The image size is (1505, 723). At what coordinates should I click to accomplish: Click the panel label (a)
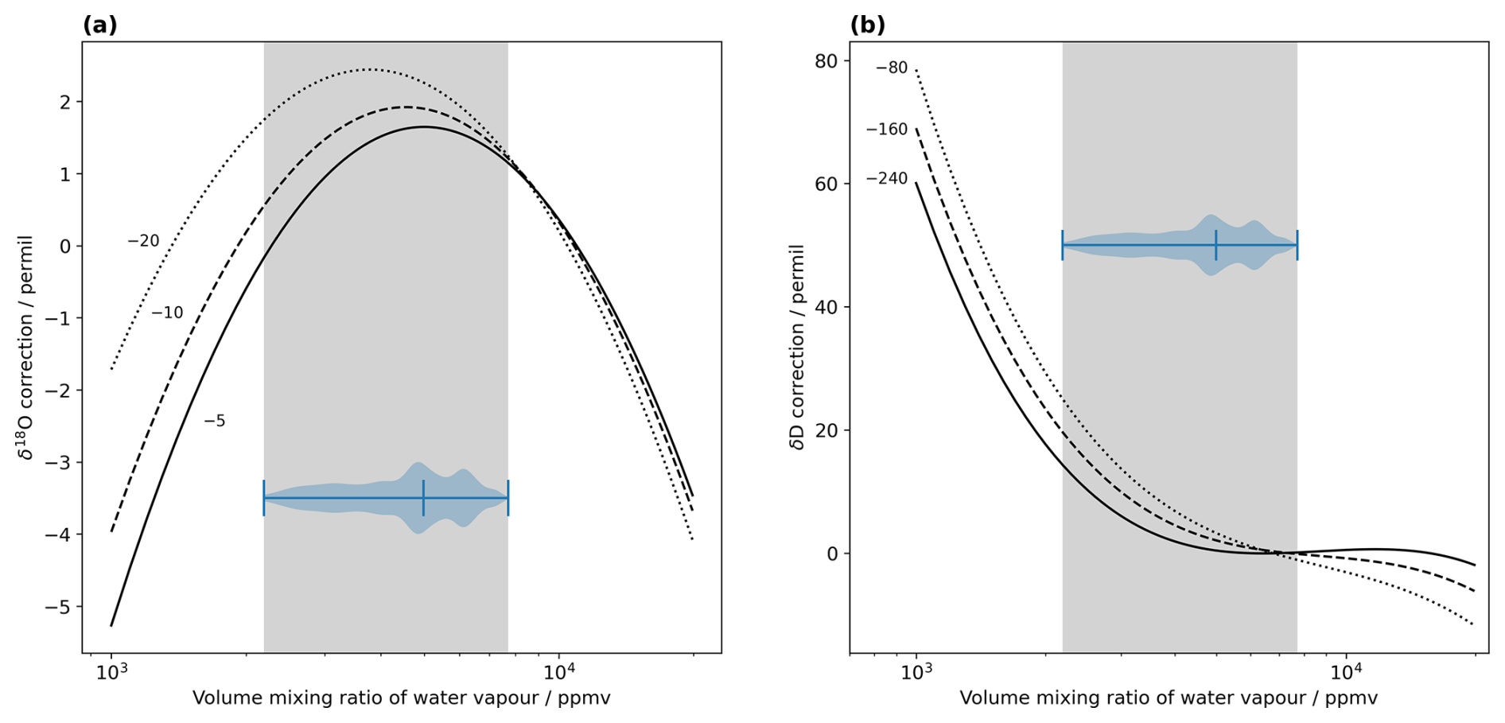coord(99,25)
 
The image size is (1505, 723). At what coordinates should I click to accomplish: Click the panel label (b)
coord(867,25)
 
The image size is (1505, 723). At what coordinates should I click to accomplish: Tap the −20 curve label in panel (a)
coord(143,241)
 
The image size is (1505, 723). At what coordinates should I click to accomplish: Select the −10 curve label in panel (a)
coord(167,313)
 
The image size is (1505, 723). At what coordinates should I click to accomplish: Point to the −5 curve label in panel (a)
coord(214,422)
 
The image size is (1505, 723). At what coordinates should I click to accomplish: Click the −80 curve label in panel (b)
coord(891,68)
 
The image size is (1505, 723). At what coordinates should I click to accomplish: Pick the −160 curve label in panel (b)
coord(886,130)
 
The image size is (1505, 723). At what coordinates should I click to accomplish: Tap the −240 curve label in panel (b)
coord(886,179)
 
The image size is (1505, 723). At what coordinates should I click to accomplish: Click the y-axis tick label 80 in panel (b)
coord(826,60)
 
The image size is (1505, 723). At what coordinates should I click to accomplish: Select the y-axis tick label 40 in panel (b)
coord(826,307)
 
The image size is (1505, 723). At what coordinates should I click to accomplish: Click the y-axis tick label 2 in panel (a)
coord(65,102)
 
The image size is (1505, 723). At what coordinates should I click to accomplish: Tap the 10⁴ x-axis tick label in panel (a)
coord(559,672)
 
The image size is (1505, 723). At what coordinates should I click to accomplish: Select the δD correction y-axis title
coord(797,347)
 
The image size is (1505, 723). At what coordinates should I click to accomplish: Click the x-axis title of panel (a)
coord(401,698)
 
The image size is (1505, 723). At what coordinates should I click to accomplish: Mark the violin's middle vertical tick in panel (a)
coord(423,498)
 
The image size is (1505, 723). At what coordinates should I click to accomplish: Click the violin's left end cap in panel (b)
coord(1063,245)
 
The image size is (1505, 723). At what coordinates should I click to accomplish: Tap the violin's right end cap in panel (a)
coord(507,498)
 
